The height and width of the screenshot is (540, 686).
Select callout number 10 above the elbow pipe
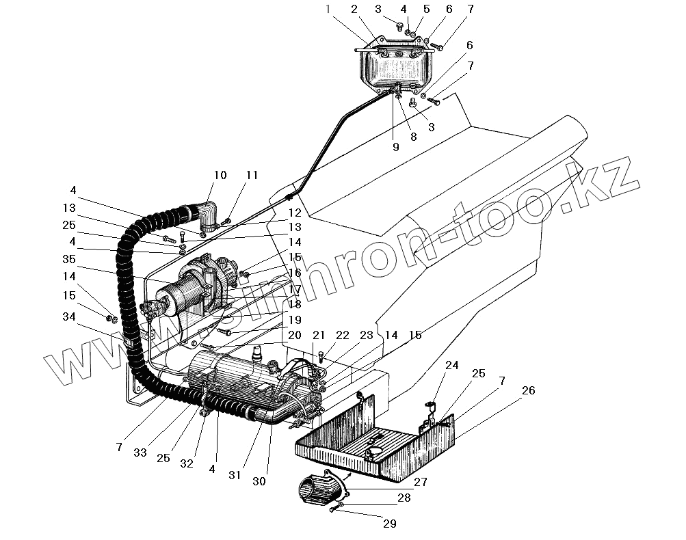tap(220, 176)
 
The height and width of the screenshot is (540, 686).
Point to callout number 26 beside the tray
tap(528, 391)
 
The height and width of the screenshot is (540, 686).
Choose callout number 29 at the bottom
tap(390, 524)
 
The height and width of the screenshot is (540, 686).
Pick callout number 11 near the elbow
tap(252, 176)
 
